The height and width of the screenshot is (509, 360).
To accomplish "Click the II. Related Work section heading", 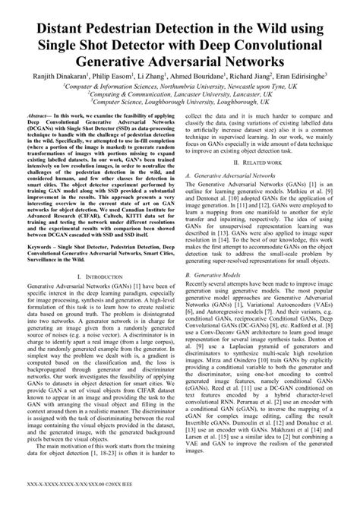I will [270, 163].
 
